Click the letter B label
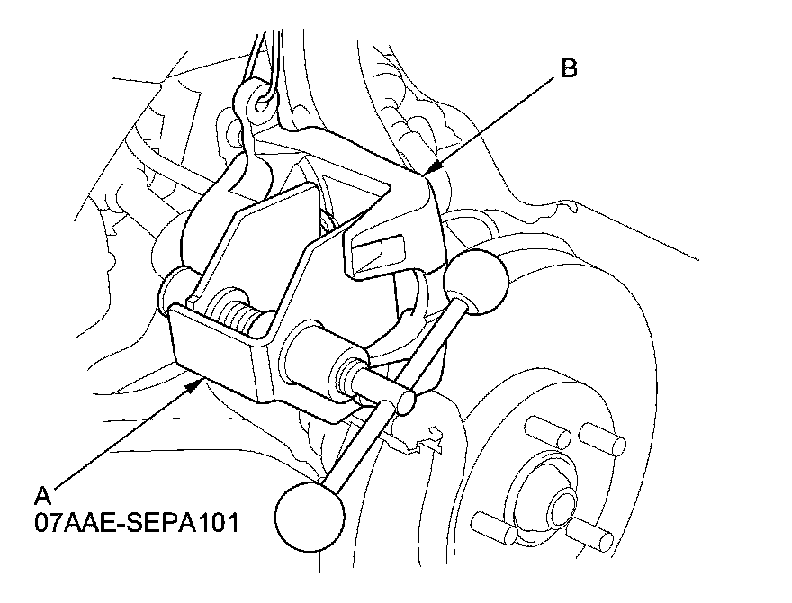pyautogui.click(x=569, y=68)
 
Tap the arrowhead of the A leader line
pyautogui.click(x=199, y=383)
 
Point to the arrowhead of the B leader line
pyautogui.click(x=430, y=168)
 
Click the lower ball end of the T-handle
pyautogui.click(x=310, y=516)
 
